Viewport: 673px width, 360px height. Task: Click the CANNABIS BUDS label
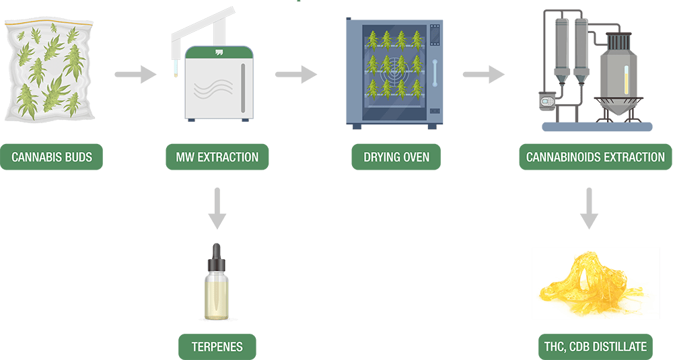click(x=51, y=157)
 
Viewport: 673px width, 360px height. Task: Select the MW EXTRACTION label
click(x=217, y=157)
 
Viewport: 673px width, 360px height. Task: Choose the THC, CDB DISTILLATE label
click(x=594, y=347)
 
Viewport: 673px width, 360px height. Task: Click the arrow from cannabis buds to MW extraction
click(x=135, y=73)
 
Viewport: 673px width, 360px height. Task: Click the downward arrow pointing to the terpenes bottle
click(x=217, y=209)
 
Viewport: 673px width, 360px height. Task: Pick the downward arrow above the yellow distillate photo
click(x=590, y=209)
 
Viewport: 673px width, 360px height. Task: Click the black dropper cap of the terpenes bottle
click(x=217, y=256)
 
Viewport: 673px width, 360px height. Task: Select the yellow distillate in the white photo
click(x=592, y=283)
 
